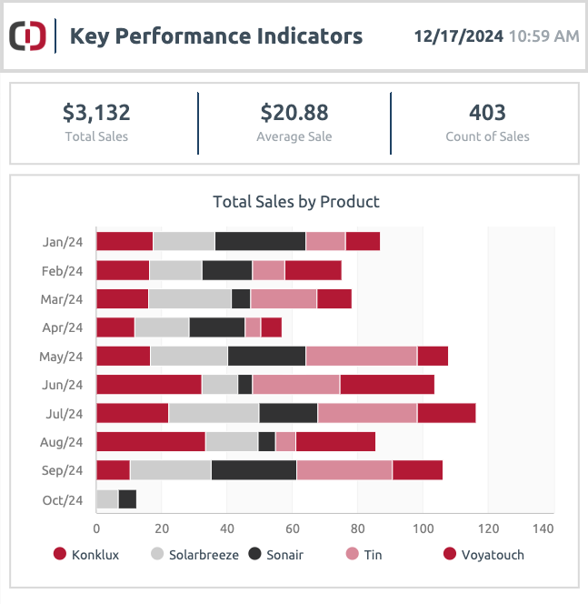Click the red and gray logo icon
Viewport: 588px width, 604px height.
(27, 35)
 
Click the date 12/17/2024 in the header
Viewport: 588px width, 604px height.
(458, 36)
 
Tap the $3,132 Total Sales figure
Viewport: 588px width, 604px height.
(96, 113)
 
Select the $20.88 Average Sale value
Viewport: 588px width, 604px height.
(294, 113)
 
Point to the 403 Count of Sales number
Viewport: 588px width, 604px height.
(487, 113)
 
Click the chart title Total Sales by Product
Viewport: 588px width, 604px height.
(296, 202)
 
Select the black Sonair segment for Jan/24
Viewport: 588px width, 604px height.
(260, 241)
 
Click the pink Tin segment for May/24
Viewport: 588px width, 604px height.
(362, 356)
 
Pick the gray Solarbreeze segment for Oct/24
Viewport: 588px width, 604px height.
(107, 499)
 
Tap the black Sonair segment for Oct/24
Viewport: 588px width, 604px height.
(127, 499)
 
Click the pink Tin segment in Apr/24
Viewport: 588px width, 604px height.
(253, 327)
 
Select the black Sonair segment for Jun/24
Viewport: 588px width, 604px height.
(245, 385)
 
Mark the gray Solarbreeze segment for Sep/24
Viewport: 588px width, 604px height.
(171, 470)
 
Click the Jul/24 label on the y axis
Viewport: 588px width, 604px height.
(65, 414)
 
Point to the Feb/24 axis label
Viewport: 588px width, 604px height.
(63, 271)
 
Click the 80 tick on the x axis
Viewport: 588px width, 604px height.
(357, 528)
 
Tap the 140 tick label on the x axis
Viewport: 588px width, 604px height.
(543, 528)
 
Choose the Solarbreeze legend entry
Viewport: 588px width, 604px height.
(195, 555)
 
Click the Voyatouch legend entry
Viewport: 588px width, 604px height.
(483, 555)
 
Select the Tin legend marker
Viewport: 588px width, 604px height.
(352, 554)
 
